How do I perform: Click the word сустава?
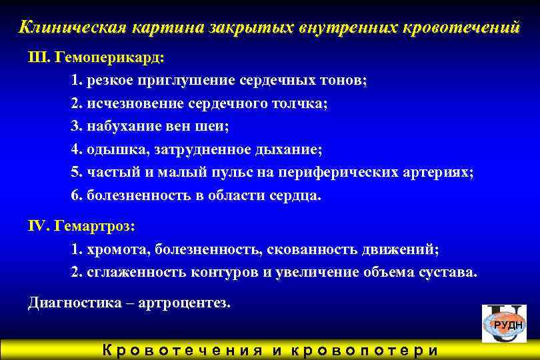point(449,273)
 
